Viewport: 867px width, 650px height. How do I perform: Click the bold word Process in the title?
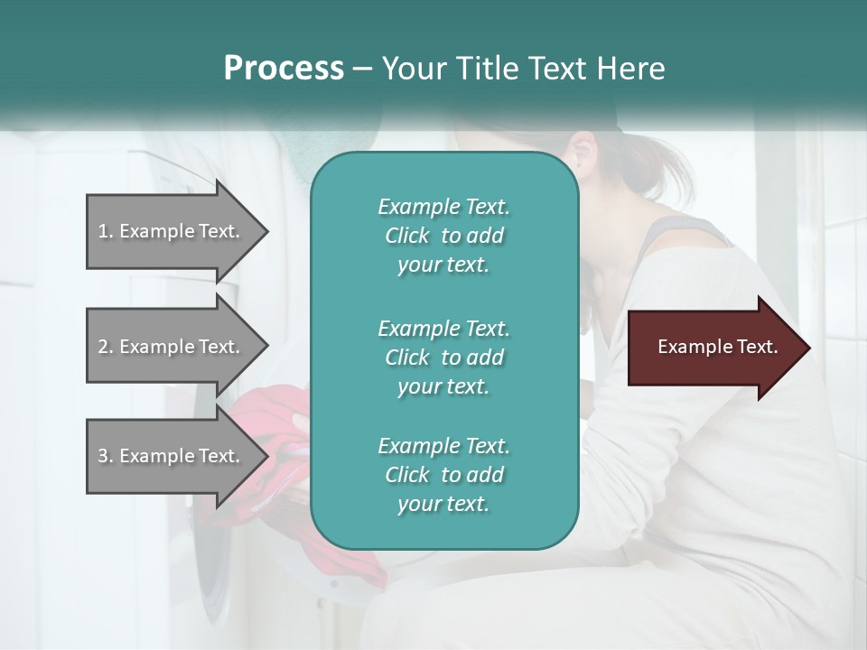[284, 69]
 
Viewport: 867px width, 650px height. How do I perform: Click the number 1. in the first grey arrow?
[106, 231]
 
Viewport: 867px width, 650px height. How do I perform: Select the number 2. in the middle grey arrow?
[106, 347]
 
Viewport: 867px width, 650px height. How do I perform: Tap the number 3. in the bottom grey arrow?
[106, 456]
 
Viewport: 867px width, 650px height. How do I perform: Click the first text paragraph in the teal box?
[443, 236]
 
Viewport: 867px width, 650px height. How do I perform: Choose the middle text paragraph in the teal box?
[443, 357]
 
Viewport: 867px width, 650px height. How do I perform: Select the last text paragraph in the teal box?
[443, 475]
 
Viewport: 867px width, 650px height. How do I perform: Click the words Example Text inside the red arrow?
[718, 347]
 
